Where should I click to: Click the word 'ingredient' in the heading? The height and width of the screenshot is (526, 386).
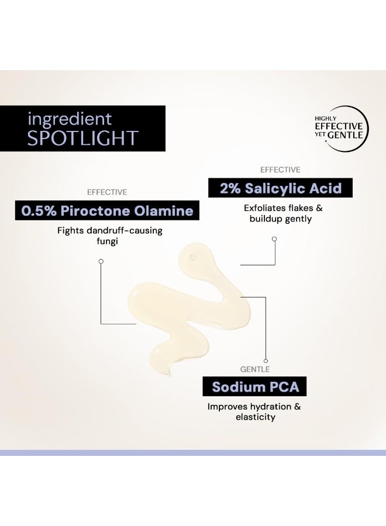[x=69, y=119]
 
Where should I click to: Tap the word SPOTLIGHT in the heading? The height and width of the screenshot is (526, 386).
[x=82, y=138]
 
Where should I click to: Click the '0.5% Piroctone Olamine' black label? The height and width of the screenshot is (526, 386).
[x=107, y=211]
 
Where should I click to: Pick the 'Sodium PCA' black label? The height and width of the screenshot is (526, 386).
[x=254, y=386]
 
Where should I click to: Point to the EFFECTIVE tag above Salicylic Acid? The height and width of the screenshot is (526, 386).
[x=280, y=169]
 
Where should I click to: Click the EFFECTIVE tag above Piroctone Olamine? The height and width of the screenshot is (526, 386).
[x=107, y=192]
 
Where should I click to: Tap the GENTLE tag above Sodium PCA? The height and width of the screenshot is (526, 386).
[x=255, y=369]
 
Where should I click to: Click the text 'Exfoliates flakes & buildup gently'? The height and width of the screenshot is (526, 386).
[x=282, y=213]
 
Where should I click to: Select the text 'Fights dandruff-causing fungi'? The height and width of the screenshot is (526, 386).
[x=110, y=236]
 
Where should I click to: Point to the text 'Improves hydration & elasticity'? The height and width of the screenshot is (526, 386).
[x=254, y=411]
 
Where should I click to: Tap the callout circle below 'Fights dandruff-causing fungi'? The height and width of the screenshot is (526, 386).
[x=101, y=261]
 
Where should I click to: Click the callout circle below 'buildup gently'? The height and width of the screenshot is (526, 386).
[x=274, y=239]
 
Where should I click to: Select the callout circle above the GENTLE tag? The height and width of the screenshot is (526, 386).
[x=266, y=361]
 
